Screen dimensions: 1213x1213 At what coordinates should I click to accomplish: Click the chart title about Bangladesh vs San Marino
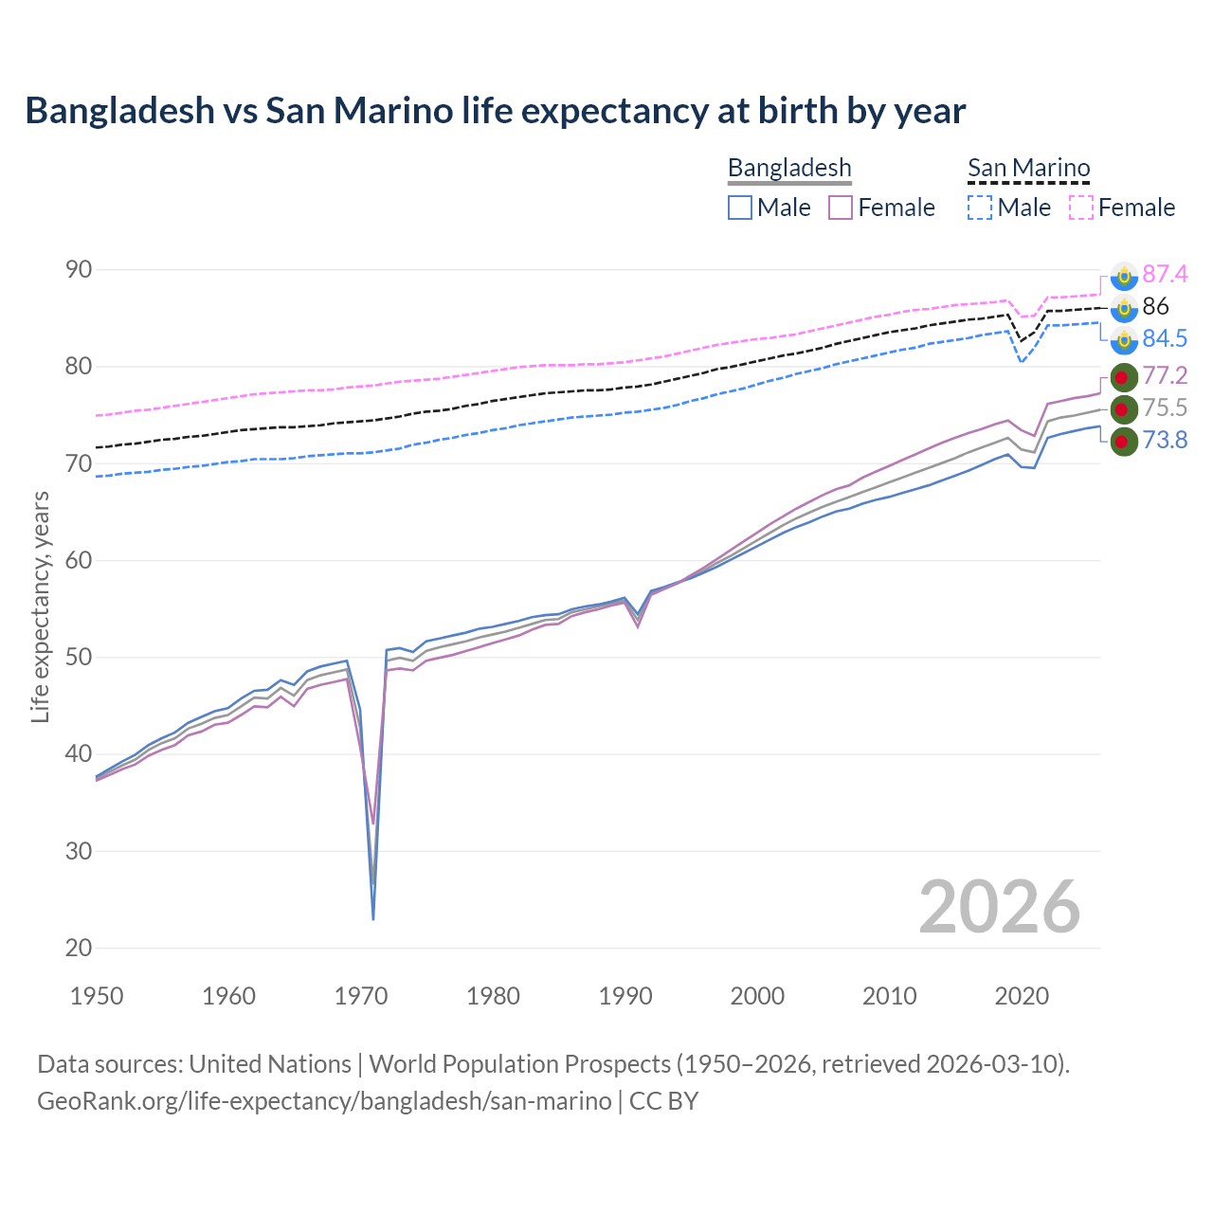coord(495,111)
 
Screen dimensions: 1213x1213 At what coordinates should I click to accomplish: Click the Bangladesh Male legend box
coord(740,208)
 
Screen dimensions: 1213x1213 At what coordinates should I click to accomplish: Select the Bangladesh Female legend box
coord(841,208)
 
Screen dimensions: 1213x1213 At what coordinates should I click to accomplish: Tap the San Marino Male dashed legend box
coord(980,208)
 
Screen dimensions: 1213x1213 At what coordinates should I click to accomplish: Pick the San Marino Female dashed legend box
coord(1081,208)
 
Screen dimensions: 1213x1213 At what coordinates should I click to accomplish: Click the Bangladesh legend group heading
coord(789,169)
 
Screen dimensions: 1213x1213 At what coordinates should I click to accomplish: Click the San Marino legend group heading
coord(1028,169)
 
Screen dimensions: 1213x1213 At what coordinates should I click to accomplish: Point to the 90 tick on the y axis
coord(80,270)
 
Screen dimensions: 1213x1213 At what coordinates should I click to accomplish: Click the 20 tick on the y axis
coord(80,948)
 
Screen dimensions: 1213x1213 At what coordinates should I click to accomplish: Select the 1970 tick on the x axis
coord(361,996)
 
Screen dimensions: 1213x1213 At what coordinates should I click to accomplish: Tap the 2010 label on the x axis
coord(889,996)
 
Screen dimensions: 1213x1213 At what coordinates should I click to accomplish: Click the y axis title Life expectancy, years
coord(40,606)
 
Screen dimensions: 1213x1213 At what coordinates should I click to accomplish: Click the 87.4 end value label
coord(1165,275)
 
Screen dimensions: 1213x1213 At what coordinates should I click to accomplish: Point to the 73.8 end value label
coord(1165,441)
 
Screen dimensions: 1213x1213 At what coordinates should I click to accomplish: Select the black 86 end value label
coord(1155,307)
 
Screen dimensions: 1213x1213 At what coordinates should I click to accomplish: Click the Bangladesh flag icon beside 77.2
coord(1123,376)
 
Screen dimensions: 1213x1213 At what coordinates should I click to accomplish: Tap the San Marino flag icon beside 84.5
coord(1123,339)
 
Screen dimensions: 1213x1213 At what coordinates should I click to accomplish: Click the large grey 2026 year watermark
coord(999,907)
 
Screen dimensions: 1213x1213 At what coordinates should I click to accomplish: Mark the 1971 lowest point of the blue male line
coord(373,918)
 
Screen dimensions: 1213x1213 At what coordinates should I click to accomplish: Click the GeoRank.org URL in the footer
coord(324,1101)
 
